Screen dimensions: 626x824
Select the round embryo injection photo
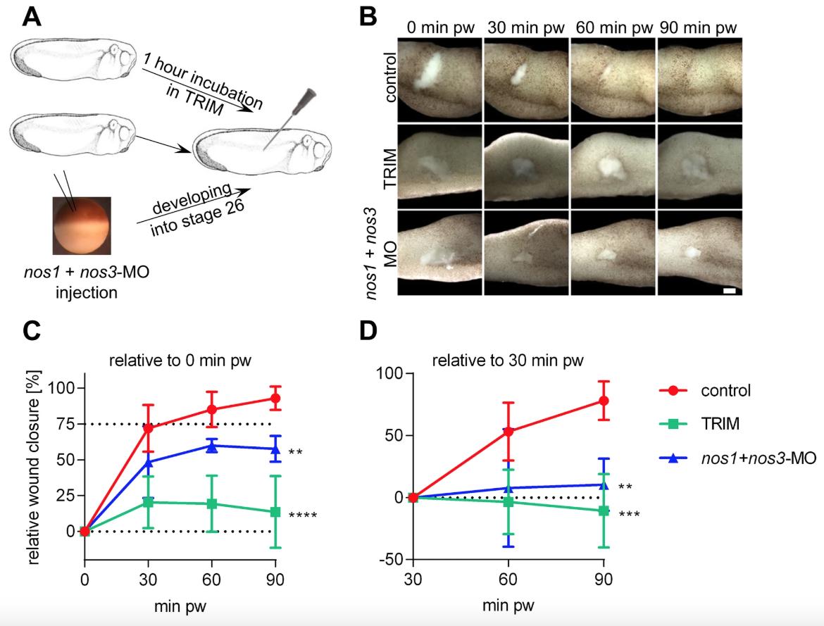tap(82, 226)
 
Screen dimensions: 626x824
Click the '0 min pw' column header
tap(440, 29)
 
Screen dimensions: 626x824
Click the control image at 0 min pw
tap(440, 80)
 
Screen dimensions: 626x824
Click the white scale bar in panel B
tap(729, 289)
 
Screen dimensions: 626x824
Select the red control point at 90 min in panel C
tap(275, 399)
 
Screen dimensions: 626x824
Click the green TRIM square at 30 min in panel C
tap(148, 502)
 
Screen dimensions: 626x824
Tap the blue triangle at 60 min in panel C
tap(211, 446)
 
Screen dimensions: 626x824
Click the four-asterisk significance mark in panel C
tap(303, 516)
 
